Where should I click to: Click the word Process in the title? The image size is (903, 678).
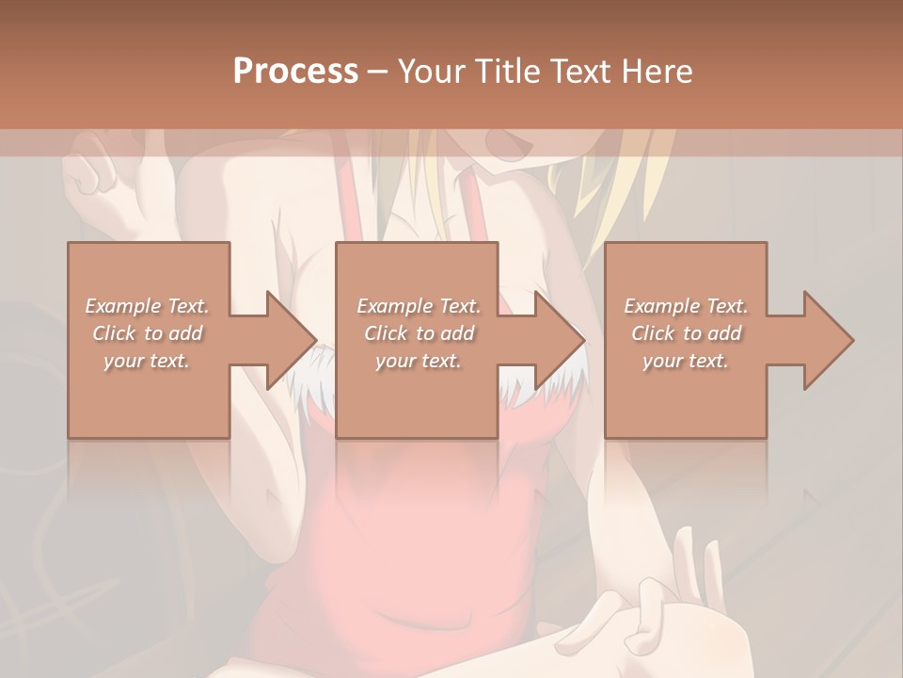(295, 71)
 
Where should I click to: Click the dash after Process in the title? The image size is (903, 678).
(378, 72)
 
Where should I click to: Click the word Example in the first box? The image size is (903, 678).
(123, 306)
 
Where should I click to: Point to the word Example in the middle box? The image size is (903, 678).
(394, 306)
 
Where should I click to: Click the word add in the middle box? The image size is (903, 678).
(456, 333)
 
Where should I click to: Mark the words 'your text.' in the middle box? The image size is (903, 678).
(418, 361)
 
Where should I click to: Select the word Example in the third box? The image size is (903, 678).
(661, 306)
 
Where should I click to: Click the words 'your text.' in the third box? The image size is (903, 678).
(685, 361)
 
